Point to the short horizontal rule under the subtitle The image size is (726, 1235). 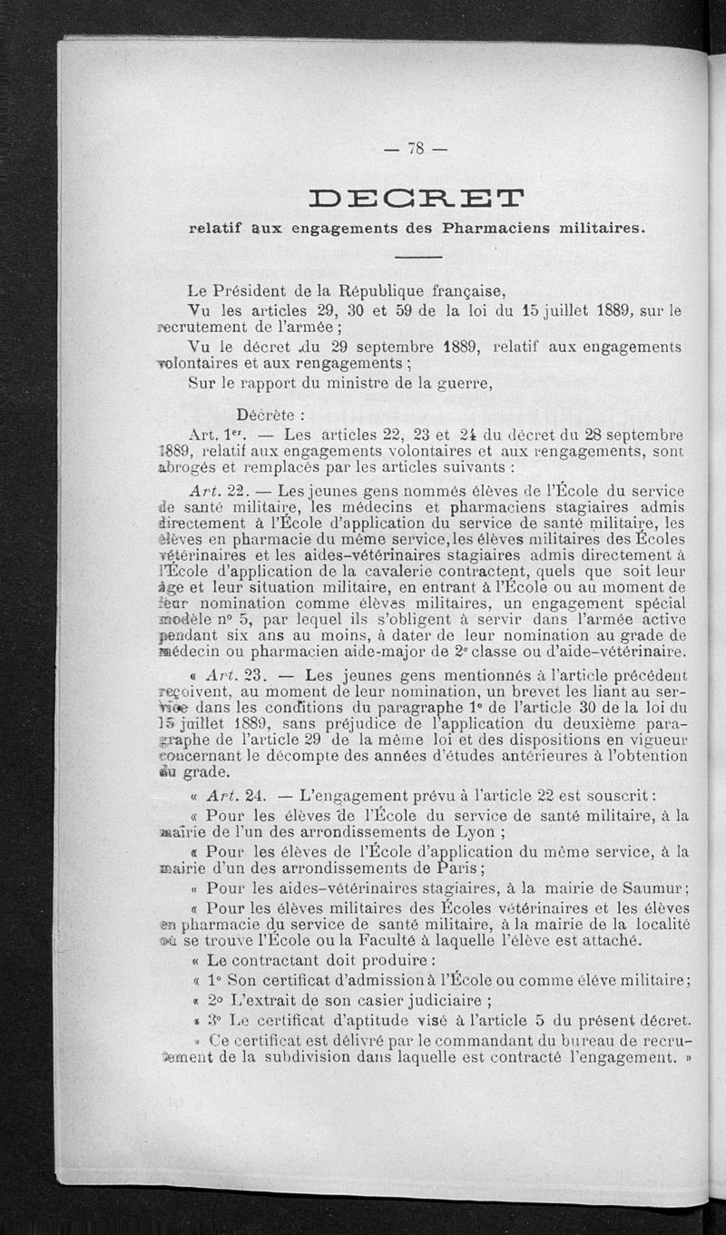[417, 260]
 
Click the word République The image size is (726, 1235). [389, 291]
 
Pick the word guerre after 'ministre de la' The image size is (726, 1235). [462, 382]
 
